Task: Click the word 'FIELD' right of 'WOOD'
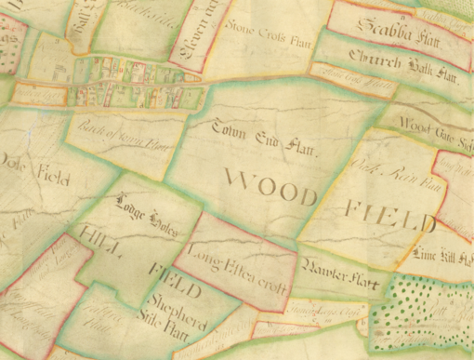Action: [389, 217]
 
